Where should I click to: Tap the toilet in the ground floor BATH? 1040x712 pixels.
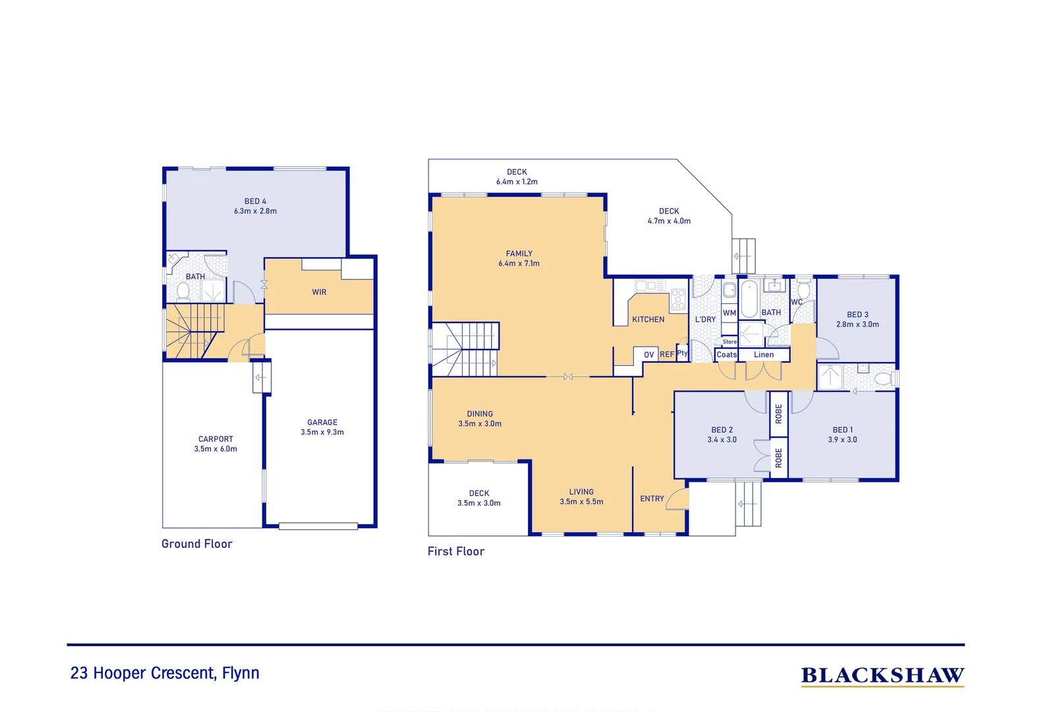(183, 290)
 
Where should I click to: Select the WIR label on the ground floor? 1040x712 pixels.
(319, 292)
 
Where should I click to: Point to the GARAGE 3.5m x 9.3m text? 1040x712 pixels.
(322, 427)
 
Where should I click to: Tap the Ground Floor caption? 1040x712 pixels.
(197, 544)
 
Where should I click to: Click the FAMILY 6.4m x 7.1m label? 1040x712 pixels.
(519, 258)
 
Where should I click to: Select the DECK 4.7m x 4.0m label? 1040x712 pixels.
(669, 216)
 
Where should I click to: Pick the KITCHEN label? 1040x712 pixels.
(648, 320)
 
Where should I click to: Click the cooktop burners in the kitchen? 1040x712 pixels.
(678, 300)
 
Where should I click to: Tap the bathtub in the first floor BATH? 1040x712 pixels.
(749, 300)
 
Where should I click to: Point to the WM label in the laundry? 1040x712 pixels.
(729, 313)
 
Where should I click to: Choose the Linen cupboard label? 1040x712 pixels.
(764, 355)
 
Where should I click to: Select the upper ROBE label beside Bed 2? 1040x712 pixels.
(778, 413)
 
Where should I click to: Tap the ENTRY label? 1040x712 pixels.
(652, 499)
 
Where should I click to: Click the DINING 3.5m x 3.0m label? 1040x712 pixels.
(480, 419)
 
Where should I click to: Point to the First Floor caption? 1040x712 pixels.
(455, 552)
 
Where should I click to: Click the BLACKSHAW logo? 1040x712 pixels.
(882, 676)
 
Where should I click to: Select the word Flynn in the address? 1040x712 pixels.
(241, 673)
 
